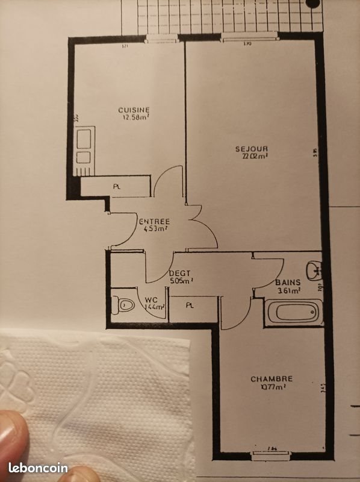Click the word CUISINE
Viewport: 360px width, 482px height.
134,110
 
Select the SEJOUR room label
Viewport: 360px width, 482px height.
252,149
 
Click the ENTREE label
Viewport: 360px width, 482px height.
155,221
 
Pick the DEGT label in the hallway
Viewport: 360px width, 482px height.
180,273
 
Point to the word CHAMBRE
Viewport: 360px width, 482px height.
272,379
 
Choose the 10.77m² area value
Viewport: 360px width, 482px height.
272,387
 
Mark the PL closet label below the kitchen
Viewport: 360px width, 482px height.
116,187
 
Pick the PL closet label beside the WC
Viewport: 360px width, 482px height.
190,305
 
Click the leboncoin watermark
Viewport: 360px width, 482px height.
38,468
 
